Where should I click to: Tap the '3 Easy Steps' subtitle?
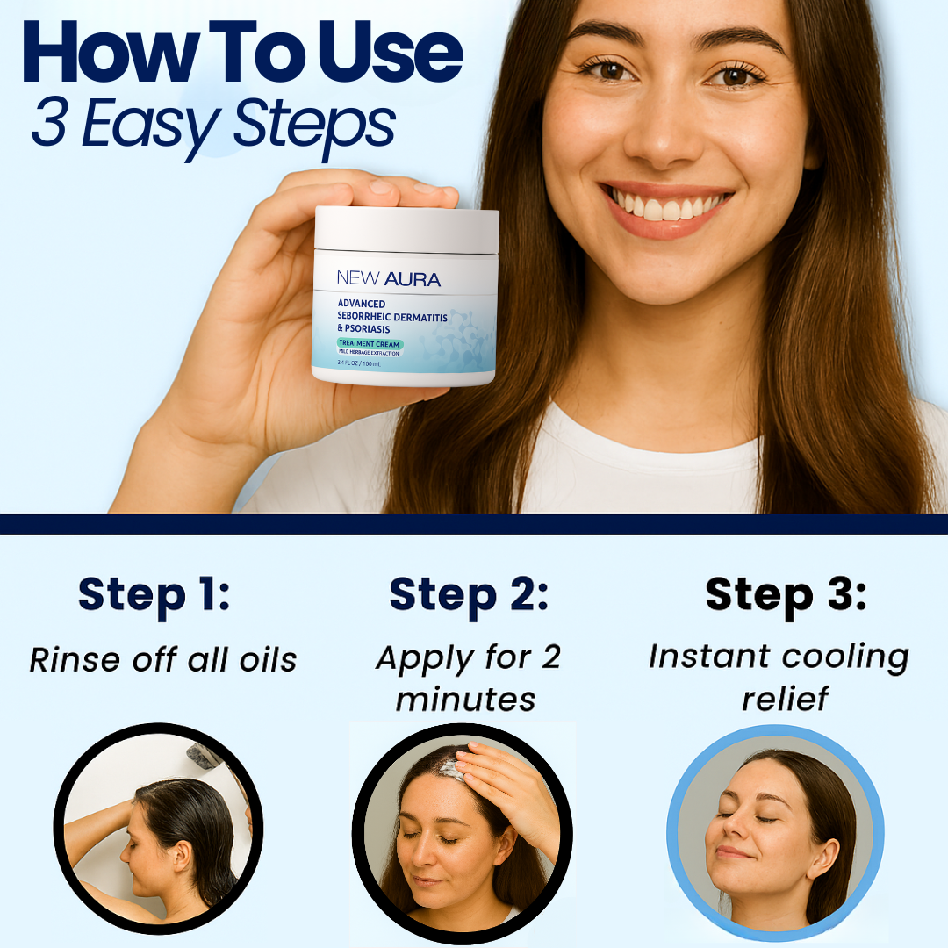[x=213, y=126]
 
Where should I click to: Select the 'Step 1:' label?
[x=154, y=595]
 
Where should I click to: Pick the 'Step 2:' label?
[x=469, y=595]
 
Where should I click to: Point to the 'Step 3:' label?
[x=786, y=595]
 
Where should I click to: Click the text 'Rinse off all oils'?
[x=163, y=659]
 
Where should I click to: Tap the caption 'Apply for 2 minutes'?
[x=467, y=678]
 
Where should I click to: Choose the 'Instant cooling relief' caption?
[x=778, y=678]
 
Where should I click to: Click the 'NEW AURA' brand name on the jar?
[x=388, y=279]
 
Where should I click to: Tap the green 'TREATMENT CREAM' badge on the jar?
[x=370, y=342]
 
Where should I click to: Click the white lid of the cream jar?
[x=406, y=229]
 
